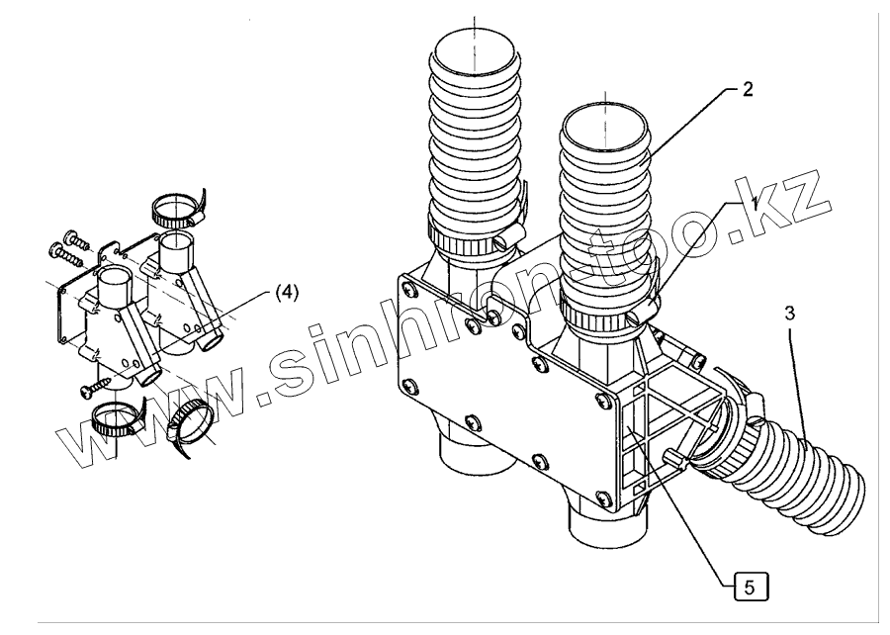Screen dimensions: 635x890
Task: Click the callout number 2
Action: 748,89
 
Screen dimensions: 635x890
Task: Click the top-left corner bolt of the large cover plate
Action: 406,288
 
